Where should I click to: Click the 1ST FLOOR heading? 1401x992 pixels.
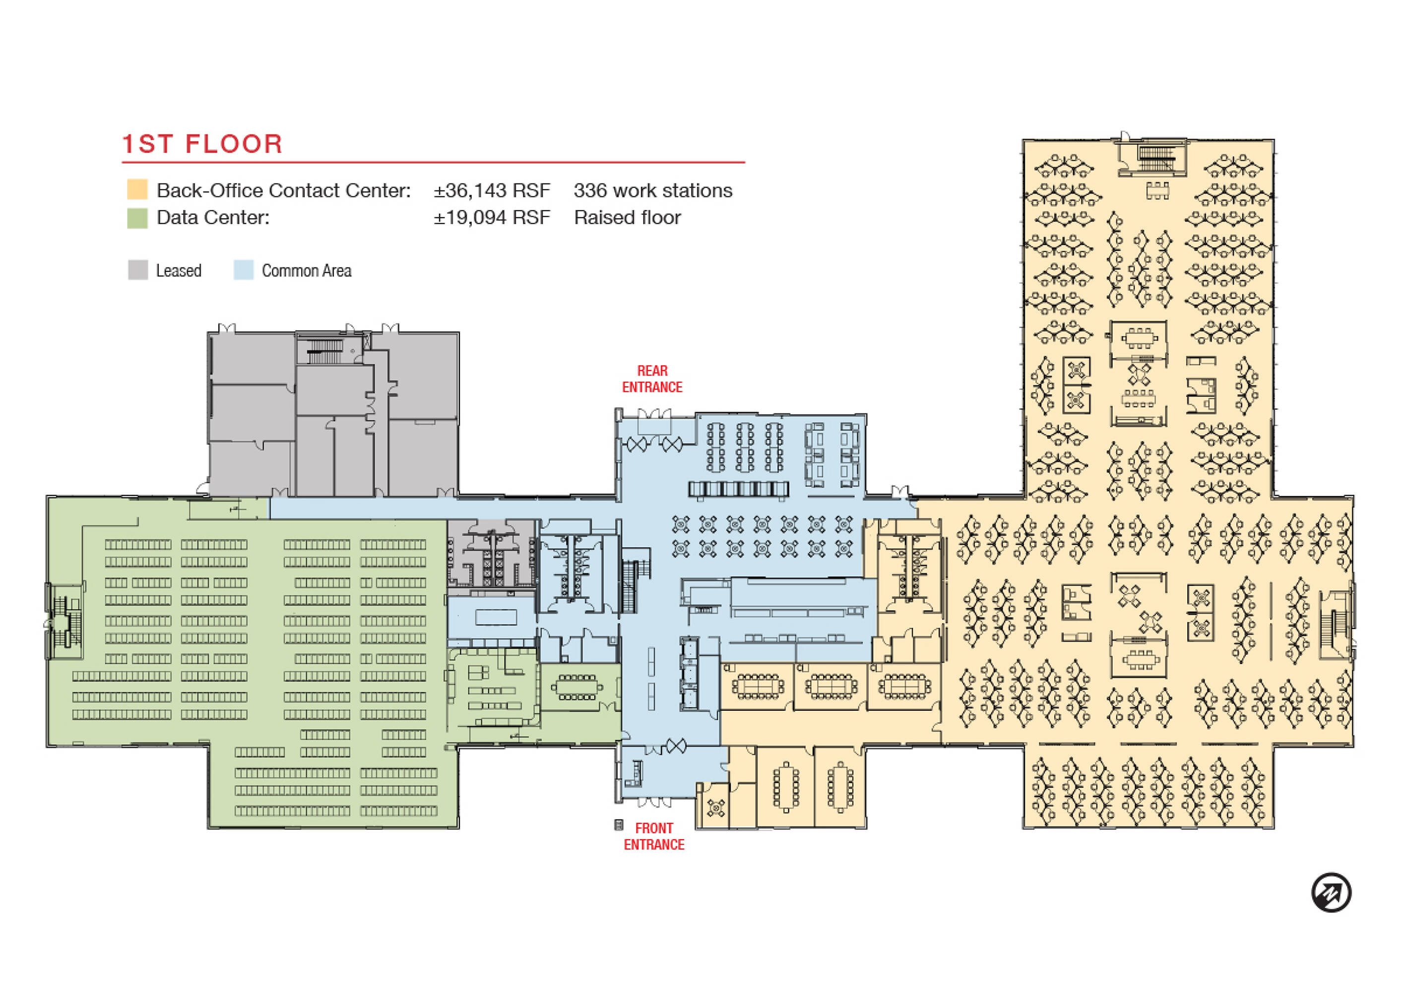click(x=202, y=144)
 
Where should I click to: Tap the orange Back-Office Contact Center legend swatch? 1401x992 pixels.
click(x=137, y=189)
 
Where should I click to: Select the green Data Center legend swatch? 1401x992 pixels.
click(x=137, y=218)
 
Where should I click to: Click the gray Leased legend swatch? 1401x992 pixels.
click(x=138, y=270)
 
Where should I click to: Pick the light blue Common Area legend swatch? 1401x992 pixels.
click(x=244, y=270)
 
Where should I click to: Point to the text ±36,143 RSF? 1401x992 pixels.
click(x=492, y=190)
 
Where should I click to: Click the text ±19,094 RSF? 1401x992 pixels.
click(x=492, y=217)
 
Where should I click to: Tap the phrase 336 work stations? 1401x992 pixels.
click(x=652, y=190)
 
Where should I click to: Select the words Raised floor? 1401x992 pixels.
click(x=627, y=217)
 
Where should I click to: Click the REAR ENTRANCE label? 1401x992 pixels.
click(x=652, y=379)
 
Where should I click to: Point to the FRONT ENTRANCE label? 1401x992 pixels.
click(x=654, y=836)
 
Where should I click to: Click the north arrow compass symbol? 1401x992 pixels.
click(x=1332, y=892)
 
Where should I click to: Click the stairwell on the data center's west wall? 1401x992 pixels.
click(x=65, y=621)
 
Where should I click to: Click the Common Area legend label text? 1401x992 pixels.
click(x=307, y=271)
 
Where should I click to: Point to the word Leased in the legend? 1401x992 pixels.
click(x=179, y=271)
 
